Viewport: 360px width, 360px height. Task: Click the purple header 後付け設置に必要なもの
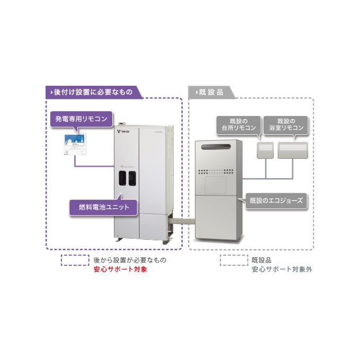coord(93,92)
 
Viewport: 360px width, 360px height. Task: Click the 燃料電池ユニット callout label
coord(103,206)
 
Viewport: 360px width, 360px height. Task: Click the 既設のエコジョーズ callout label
coord(276,201)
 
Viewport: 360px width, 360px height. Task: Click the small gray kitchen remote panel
coord(265,150)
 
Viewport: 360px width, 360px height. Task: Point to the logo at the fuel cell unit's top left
coord(123,129)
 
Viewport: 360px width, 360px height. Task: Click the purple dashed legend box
coord(75,260)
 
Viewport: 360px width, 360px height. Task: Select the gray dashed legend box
coord(233,260)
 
